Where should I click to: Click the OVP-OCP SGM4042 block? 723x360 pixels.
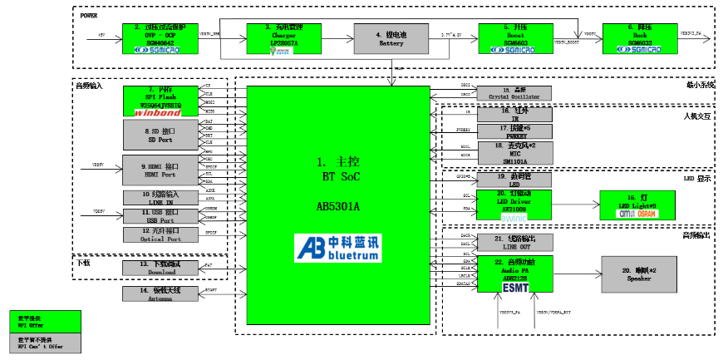(x=160, y=38)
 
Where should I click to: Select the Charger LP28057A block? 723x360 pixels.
(x=284, y=38)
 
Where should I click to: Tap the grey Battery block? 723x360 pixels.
(x=391, y=38)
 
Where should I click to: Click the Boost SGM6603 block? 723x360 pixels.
(x=515, y=38)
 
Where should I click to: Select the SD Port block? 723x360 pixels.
(x=160, y=133)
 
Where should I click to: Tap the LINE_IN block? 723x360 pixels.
(x=160, y=197)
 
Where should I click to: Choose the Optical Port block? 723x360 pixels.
(x=160, y=234)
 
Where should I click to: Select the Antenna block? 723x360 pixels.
(x=160, y=293)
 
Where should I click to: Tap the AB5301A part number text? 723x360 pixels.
(x=339, y=206)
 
